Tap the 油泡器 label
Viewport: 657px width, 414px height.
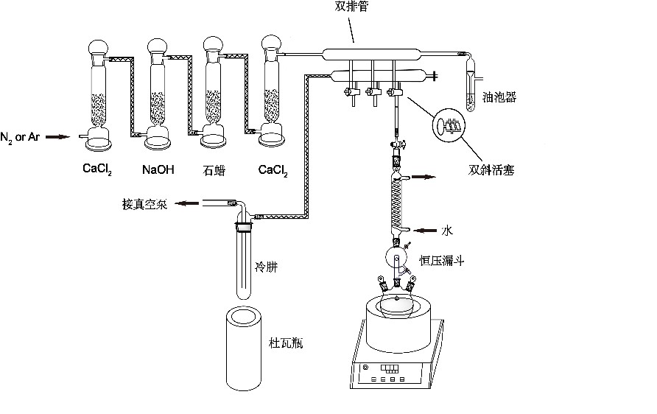(499, 97)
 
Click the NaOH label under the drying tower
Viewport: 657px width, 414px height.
(158, 171)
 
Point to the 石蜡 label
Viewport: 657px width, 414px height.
(214, 171)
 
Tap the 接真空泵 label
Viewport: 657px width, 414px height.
(144, 205)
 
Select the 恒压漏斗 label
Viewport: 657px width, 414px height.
(441, 261)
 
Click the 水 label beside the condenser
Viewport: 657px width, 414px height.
(446, 231)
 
